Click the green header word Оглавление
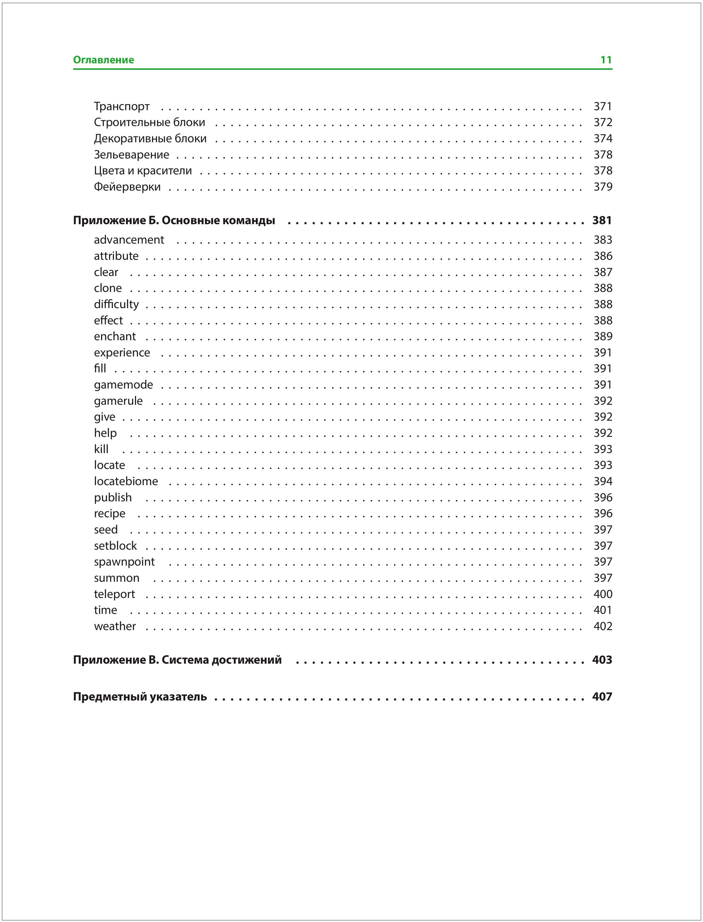point(103,60)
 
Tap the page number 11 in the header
point(605,60)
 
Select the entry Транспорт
point(121,106)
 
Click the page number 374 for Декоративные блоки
point(603,138)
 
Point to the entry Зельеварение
point(131,155)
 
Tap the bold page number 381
point(602,220)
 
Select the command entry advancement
point(129,240)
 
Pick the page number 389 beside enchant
point(603,336)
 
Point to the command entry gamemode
point(123,385)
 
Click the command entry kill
point(101,449)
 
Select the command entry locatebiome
point(126,482)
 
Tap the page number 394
point(603,482)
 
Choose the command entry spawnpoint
point(124,562)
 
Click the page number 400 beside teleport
point(603,594)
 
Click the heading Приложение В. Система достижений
point(177,660)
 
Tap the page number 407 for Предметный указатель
point(602,697)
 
